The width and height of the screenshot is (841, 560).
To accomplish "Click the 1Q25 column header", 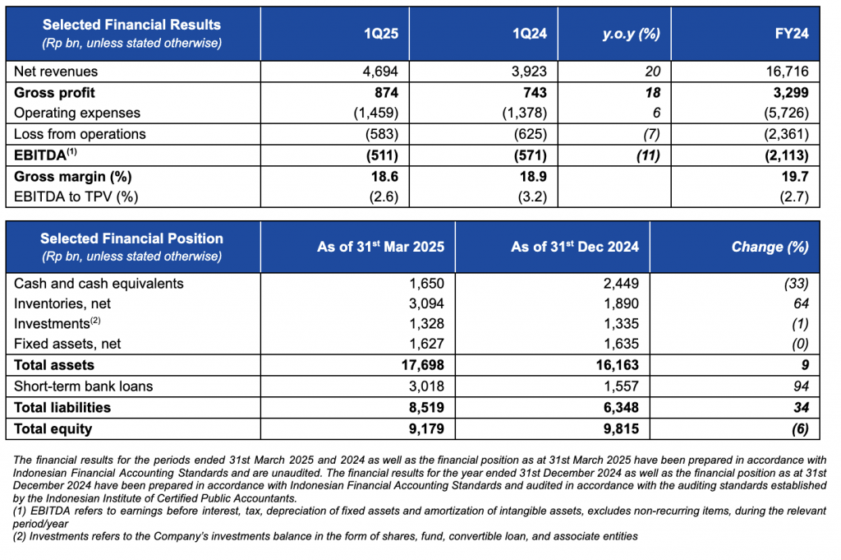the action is (x=381, y=33).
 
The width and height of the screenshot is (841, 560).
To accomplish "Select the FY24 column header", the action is (x=792, y=33).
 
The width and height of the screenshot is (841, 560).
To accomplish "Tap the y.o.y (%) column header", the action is (x=631, y=34).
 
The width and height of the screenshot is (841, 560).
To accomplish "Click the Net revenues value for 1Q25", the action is (x=380, y=71).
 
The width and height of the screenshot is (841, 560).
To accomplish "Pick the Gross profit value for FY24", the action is (x=791, y=92).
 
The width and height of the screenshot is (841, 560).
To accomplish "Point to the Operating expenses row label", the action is (x=77, y=113).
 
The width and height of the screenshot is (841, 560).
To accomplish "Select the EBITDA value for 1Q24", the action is (x=530, y=155).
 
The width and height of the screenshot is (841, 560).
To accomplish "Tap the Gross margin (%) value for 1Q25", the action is (x=384, y=176).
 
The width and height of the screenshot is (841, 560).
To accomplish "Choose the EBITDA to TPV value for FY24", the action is (x=794, y=197).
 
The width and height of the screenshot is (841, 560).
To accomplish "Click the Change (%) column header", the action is (x=770, y=247).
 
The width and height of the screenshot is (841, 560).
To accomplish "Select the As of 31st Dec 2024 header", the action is (x=574, y=247).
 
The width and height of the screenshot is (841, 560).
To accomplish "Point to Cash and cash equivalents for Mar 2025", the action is (x=426, y=283).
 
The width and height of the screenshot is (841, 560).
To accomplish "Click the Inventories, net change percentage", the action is (x=801, y=303).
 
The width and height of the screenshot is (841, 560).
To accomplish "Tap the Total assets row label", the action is (x=54, y=365).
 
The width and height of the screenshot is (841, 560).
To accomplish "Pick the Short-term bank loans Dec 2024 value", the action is (x=621, y=386).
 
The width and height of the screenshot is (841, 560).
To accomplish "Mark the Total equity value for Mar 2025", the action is (x=426, y=428).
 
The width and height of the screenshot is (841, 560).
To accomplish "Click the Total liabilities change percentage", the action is (x=801, y=408).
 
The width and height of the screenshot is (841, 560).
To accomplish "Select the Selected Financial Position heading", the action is (x=131, y=238).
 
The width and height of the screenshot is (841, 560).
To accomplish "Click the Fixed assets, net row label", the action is (x=67, y=344).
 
